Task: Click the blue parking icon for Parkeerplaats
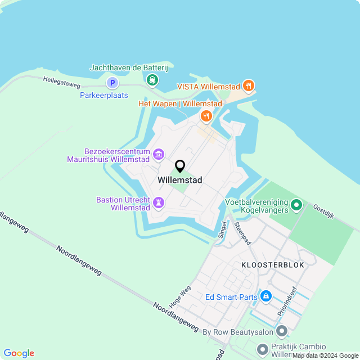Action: tap(112, 83)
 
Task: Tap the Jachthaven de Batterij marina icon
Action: tap(152, 80)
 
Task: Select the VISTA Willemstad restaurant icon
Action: tap(248, 87)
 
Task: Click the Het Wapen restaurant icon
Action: tap(206, 116)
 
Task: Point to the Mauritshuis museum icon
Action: tap(159, 154)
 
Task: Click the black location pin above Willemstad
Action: tap(180, 166)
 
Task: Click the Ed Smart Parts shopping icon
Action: tap(266, 296)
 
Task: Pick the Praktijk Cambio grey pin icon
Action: tap(263, 350)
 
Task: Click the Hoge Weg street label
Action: tap(184, 294)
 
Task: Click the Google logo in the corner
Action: tap(19, 353)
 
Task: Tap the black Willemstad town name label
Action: tap(180, 180)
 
